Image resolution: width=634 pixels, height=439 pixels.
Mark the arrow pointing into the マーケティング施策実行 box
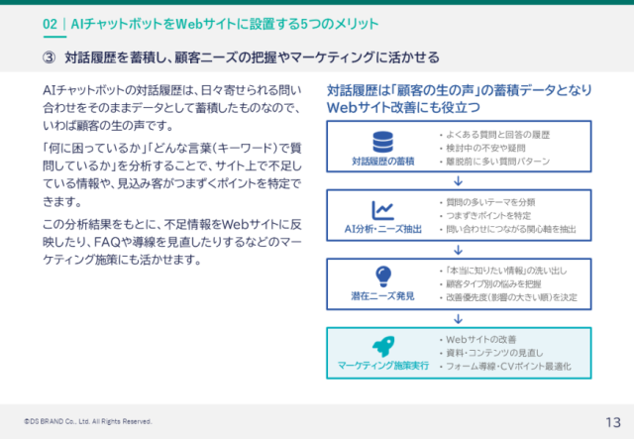coord(459,318)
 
